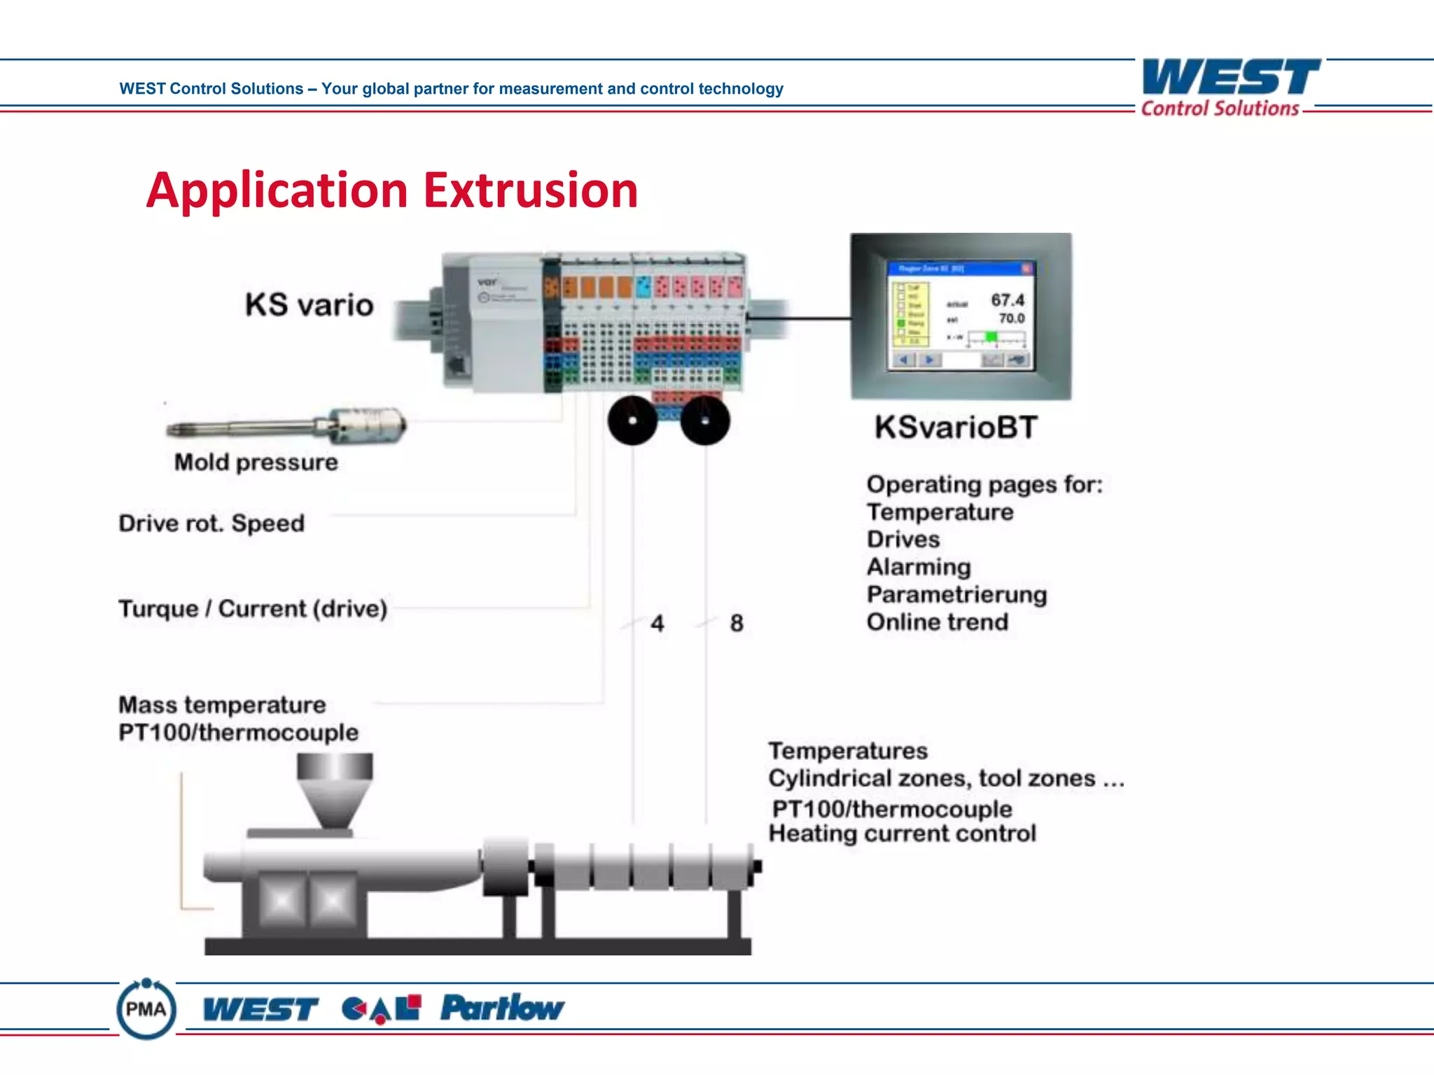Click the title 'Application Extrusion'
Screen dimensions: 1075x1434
click(x=392, y=190)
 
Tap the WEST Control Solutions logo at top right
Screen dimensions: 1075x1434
click(x=1230, y=87)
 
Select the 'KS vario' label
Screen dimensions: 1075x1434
click(x=309, y=305)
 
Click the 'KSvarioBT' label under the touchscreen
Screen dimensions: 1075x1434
click(x=956, y=427)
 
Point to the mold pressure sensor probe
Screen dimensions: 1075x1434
click(x=287, y=426)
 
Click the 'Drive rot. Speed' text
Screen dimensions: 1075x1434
click(x=211, y=524)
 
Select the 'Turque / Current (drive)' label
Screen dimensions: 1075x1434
click(x=253, y=609)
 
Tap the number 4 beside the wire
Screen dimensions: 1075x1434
click(x=657, y=623)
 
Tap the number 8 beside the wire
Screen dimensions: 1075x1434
click(x=737, y=623)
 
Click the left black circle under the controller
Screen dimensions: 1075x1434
click(x=632, y=421)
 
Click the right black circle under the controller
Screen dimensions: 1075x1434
click(x=705, y=421)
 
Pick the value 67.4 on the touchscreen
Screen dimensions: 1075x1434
click(x=1008, y=300)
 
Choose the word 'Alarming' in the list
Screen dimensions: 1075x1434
click(x=919, y=567)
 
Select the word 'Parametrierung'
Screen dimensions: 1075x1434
click(x=956, y=595)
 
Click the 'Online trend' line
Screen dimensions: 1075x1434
click(x=938, y=622)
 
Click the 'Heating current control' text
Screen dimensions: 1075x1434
click(x=902, y=834)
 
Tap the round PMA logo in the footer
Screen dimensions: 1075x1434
click(x=146, y=1009)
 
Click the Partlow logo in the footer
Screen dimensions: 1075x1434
click(x=502, y=1009)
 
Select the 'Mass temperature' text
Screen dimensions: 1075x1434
click(x=222, y=705)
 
